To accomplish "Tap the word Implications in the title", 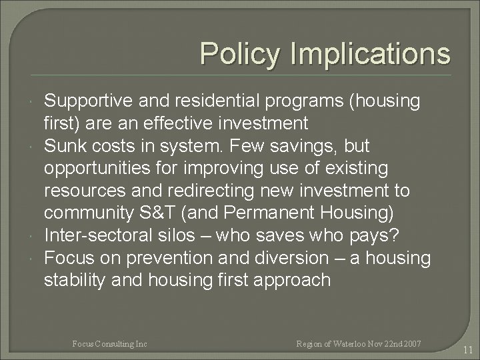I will pyautogui.click(x=373, y=53).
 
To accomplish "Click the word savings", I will pyautogui.click(x=311, y=145).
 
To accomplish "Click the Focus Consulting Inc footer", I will pyautogui.click(x=110, y=343).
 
